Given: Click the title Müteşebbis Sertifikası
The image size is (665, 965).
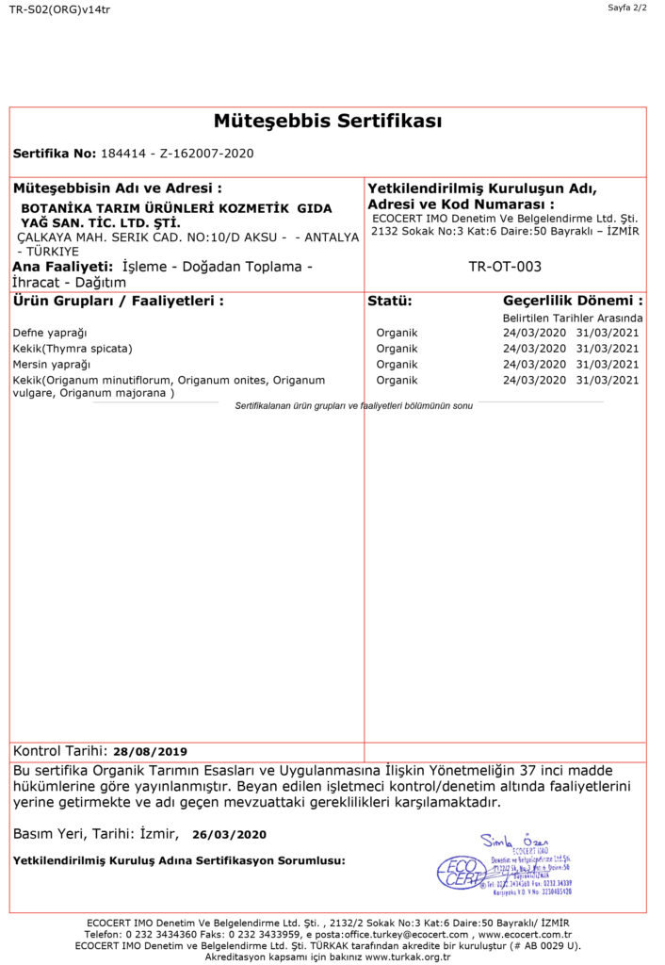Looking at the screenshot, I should pos(328,122).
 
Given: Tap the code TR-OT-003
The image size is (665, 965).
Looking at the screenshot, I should pos(505,267).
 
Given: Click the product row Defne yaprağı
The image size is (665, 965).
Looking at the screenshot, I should pos(50,333).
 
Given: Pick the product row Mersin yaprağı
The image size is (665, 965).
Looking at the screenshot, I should pos(52,364).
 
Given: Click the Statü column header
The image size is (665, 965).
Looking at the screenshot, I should pos(389,302).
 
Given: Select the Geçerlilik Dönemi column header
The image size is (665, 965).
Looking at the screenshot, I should pos(573,302).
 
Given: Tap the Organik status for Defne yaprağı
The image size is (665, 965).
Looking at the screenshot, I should pos(397,333).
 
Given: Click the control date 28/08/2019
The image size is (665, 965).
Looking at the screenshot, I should pos(150,752).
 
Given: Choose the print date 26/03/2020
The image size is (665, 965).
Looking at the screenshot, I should pos(229,834).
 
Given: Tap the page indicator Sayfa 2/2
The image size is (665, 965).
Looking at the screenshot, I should pos(627,8).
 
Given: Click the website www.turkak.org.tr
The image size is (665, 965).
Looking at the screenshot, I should pos(408,957).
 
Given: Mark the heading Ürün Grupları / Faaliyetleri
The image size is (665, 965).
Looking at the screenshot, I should pos(119,302).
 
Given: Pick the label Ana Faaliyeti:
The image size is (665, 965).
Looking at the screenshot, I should pos(63,267).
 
